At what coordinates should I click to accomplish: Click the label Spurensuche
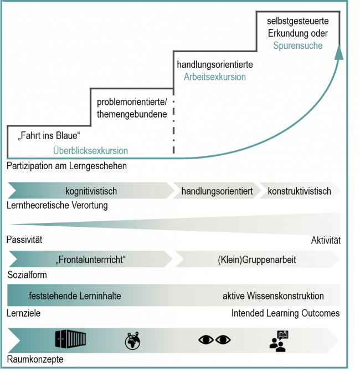click(298, 45)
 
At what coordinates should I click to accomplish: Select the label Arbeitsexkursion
click(214, 77)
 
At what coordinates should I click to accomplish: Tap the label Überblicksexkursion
click(90, 150)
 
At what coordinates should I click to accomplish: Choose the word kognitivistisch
click(91, 191)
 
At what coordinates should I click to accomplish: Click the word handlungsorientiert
click(217, 191)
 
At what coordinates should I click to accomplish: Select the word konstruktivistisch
click(299, 191)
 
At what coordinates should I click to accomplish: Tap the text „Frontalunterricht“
click(91, 260)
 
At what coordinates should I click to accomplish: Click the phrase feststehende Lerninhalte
click(75, 296)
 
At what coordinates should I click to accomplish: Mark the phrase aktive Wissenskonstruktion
click(273, 296)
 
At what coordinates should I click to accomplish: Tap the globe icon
click(132, 340)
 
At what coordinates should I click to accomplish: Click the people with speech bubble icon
click(280, 340)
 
